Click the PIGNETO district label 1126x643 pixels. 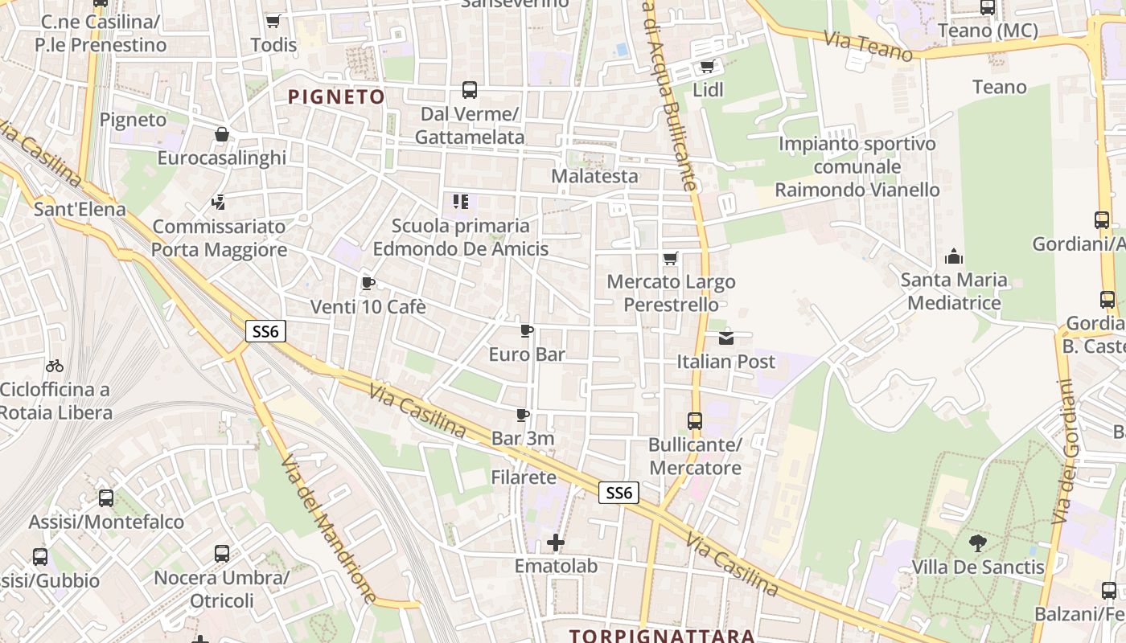point(336,97)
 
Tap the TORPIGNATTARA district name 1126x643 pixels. point(662,636)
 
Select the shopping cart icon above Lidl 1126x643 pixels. point(707,66)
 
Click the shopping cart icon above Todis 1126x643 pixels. point(273,21)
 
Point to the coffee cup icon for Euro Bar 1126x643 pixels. point(527,330)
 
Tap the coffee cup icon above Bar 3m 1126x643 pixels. point(523,416)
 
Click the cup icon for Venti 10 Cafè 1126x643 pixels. point(368,283)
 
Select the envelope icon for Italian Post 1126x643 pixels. point(726,338)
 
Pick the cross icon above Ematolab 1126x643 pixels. point(556,543)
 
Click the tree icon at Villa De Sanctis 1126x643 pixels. point(977,543)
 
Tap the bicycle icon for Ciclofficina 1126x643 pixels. point(55,366)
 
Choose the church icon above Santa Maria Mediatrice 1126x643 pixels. point(954,256)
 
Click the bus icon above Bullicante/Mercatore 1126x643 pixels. point(695,420)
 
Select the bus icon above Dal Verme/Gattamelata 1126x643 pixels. point(470,90)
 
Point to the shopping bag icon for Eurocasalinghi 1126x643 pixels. point(221,134)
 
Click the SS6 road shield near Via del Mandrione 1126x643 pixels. point(265,330)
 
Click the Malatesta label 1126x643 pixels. point(594,176)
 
